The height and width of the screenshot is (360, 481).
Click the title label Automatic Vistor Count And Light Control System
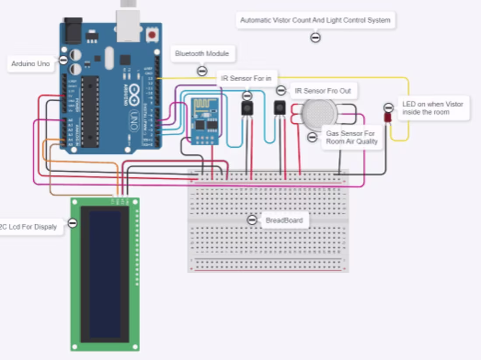(315, 20)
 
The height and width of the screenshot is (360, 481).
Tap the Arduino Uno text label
(31, 64)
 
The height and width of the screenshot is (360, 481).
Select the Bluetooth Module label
(202, 54)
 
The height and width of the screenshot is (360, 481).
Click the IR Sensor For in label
(246, 79)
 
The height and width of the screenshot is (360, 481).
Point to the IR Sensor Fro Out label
(323, 91)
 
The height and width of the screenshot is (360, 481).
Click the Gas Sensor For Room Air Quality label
(351, 137)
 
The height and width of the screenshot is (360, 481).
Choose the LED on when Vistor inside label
(432, 108)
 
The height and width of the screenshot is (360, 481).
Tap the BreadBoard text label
(284, 220)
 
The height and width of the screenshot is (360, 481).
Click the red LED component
(387, 118)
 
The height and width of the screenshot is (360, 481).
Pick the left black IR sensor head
(247, 108)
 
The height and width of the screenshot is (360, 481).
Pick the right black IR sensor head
(279, 108)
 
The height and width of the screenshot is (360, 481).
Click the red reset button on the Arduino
(152, 35)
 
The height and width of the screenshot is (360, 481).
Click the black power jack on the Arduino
(73, 30)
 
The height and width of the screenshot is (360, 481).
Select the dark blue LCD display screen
(105, 274)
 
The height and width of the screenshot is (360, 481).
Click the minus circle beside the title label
(315, 38)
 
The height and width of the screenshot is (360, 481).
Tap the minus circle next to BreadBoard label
(252, 220)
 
